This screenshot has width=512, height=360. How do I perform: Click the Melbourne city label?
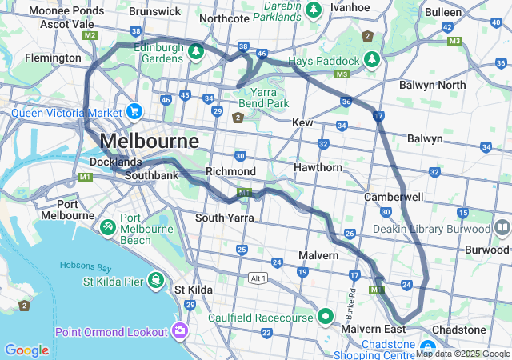point(150,142)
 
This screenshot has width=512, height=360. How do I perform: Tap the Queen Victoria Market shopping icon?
point(134,112)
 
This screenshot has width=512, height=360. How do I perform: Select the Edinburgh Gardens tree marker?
point(196,52)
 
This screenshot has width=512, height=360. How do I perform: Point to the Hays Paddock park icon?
point(371,60)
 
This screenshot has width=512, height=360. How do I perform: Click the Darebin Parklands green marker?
point(314,8)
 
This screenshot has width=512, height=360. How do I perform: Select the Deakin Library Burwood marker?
point(502,228)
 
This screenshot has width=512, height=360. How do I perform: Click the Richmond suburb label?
point(230,171)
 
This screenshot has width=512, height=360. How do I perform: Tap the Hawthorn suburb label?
point(318,167)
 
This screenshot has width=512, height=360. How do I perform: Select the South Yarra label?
point(225,218)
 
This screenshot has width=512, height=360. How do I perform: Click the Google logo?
point(26,350)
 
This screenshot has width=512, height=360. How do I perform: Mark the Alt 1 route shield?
point(258,278)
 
